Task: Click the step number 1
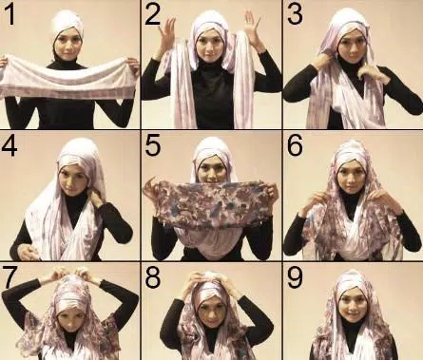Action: tap(10, 15)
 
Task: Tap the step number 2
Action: tap(152, 15)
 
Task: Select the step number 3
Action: tap(295, 15)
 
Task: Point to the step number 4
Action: tap(10, 145)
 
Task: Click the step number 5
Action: tap(152, 145)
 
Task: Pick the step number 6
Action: tap(295, 145)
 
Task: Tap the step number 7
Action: tap(10, 276)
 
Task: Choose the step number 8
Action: tap(152, 277)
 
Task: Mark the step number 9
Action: tap(295, 277)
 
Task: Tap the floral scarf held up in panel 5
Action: tap(211, 202)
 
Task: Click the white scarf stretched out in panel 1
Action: tap(68, 76)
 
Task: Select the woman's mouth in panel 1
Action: tap(67, 52)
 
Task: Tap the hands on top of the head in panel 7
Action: tap(70, 273)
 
